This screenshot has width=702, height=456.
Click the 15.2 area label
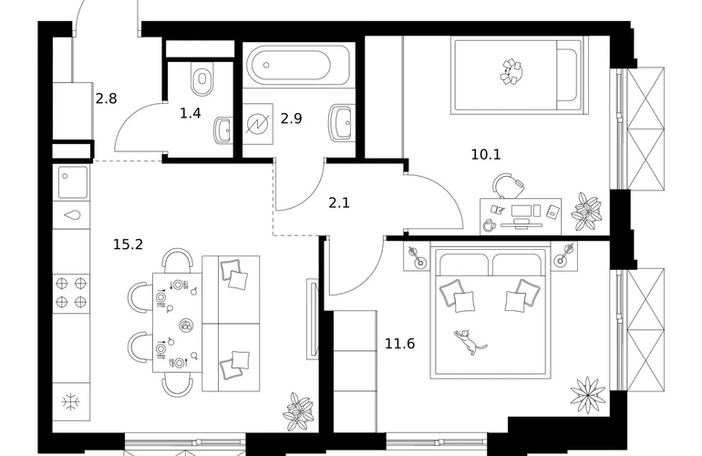(128, 244)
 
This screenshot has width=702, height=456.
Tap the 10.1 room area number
(486, 154)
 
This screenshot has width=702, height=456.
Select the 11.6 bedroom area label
(400, 344)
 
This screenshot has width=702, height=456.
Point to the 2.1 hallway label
(339, 202)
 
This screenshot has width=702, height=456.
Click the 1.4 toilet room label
(191, 113)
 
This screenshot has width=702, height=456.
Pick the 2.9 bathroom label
(292, 119)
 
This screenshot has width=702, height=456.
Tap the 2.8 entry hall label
(107, 98)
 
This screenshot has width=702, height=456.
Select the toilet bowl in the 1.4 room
(201, 78)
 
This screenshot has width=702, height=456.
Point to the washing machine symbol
(258, 124)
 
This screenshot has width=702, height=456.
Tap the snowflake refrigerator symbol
(71, 402)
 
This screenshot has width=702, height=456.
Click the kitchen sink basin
(73, 182)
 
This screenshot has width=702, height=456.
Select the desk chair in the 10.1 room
(508, 185)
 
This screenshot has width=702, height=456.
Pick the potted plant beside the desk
(586, 212)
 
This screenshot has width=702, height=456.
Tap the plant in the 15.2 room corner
(299, 411)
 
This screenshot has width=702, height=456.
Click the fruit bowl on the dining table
(186, 326)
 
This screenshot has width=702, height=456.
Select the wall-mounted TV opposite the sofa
(312, 319)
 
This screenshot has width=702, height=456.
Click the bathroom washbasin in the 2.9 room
(342, 122)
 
